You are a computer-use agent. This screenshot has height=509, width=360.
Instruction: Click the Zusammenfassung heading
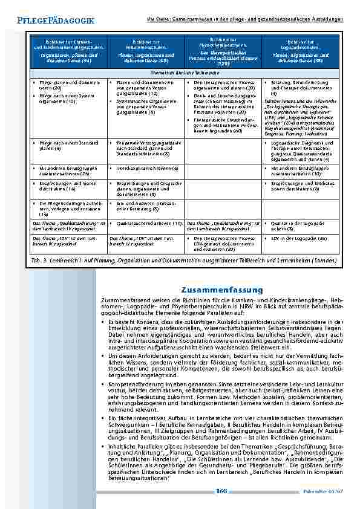[220, 290]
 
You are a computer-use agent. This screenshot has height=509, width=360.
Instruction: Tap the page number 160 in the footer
[221, 491]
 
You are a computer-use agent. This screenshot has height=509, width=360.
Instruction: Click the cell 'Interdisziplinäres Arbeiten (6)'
[148, 167]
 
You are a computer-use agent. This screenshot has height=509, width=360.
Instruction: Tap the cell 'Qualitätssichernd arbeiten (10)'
[148, 224]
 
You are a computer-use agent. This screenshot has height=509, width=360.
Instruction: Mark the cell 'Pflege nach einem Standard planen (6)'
[66, 145]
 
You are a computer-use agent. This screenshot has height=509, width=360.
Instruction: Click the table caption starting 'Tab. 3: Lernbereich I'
[182, 260]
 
